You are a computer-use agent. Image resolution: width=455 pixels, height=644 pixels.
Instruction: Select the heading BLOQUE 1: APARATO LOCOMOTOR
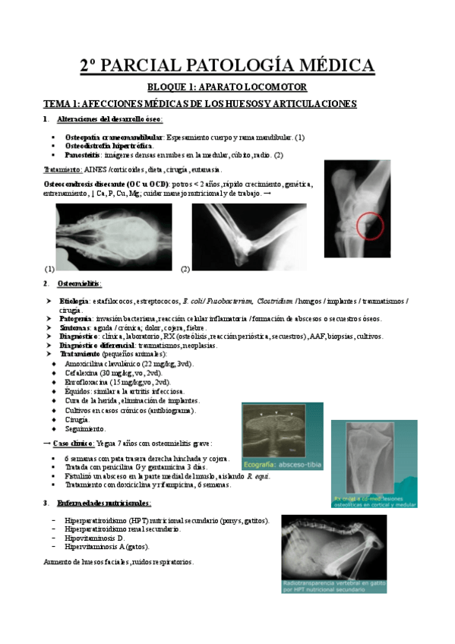click(x=227, y=87)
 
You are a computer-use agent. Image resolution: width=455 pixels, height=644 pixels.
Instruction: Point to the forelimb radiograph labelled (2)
click(x=248, y=237)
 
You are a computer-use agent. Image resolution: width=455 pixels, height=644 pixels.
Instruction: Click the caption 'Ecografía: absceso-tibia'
click(x=282, y=462)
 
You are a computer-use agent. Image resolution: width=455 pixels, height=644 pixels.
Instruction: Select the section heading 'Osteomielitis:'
click(x=79, y=283)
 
